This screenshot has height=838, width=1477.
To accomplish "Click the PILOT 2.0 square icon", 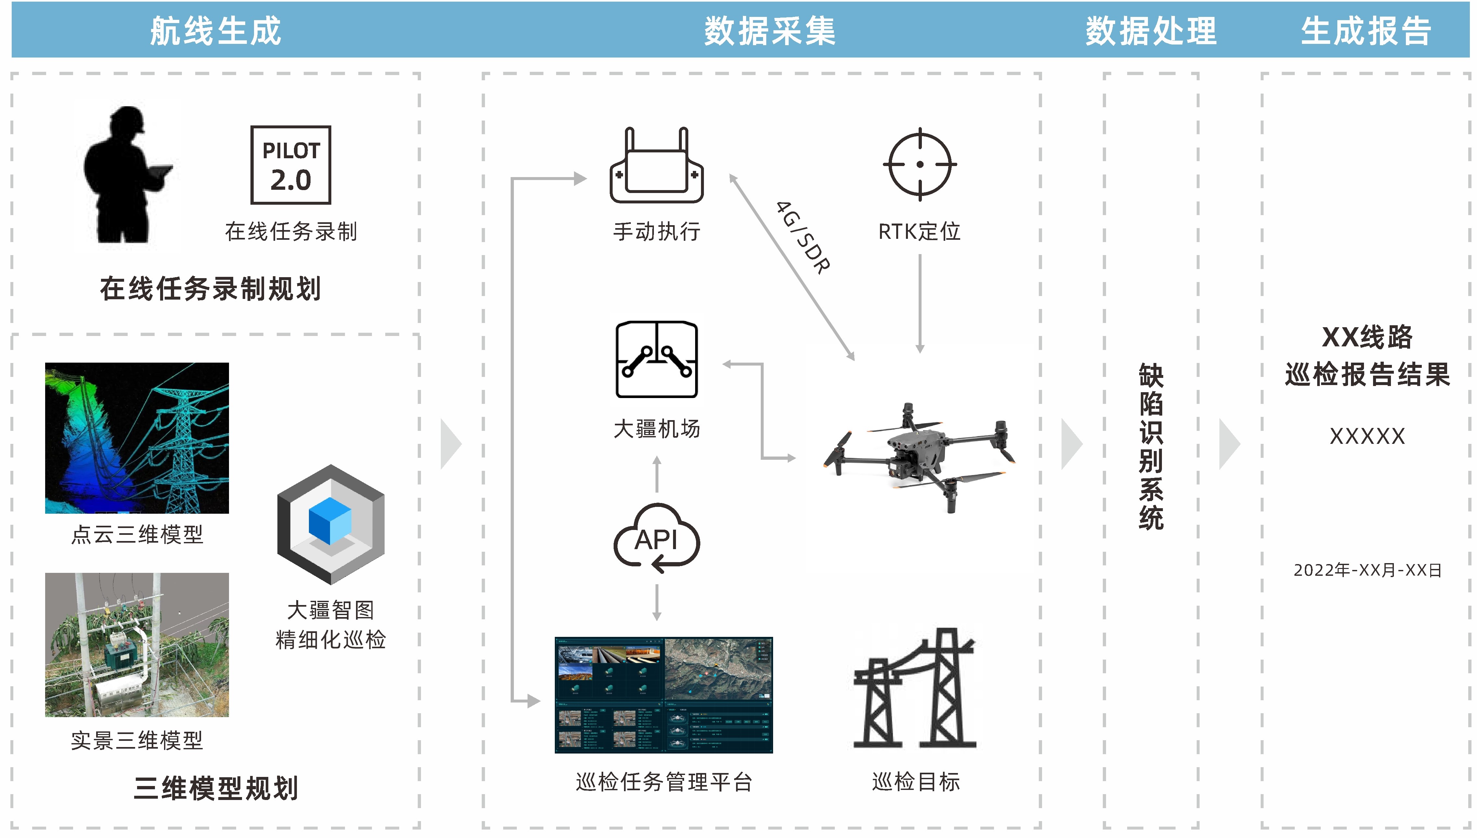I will tap(291, 165).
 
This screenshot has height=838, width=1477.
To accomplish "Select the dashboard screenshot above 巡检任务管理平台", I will tap(663, 695).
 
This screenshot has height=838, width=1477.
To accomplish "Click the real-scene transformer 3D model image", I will tap(137, 645).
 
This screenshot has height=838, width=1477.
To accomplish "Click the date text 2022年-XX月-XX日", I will tap(1367, 570).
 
